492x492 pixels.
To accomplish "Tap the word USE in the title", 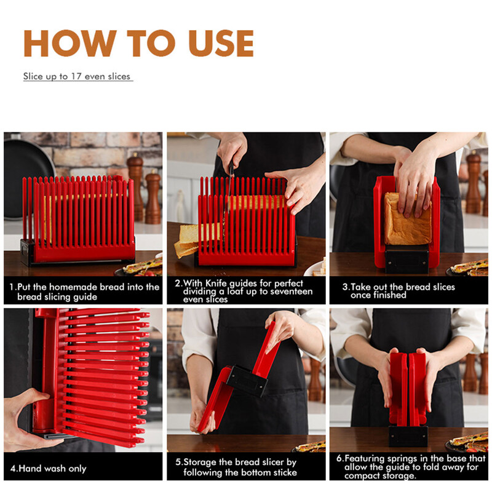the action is click(x=221, y=43).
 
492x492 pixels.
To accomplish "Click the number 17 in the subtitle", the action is click(x=76, y=76).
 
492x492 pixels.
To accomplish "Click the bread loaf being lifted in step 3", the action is click(x=407, y=219).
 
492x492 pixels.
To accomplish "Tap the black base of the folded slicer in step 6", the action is click(x=408, y=436).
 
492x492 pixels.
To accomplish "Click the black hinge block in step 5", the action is click(x=247, y=380).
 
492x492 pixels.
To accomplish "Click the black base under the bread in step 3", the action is click(x=407, y=260).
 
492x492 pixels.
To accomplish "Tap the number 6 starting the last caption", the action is click(x=339, y=459).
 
